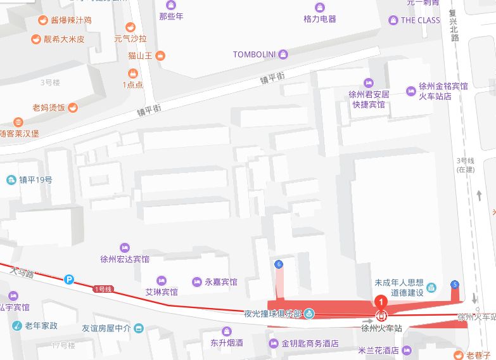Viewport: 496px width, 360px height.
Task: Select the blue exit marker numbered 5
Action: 454,284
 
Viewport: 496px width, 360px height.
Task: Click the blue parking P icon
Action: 69,279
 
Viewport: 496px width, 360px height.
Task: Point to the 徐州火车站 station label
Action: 382,328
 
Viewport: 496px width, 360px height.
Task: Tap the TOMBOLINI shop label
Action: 254,55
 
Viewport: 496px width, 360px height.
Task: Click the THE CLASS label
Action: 420,20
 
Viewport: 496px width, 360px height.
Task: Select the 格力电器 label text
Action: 320,19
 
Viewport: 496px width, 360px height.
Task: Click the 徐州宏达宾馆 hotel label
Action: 125,259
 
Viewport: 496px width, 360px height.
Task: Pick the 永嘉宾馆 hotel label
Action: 220,282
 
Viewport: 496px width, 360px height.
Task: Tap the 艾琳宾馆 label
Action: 162,292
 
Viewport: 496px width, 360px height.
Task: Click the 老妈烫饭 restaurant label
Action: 49,108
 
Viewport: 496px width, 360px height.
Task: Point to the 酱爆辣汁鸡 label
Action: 67,20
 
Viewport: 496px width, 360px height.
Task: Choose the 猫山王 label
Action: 141,56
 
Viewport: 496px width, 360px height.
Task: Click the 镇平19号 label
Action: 35,180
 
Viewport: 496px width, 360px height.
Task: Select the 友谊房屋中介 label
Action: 106,328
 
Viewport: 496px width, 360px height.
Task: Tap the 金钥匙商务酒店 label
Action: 310,344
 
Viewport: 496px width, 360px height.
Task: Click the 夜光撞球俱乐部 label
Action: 272,313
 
